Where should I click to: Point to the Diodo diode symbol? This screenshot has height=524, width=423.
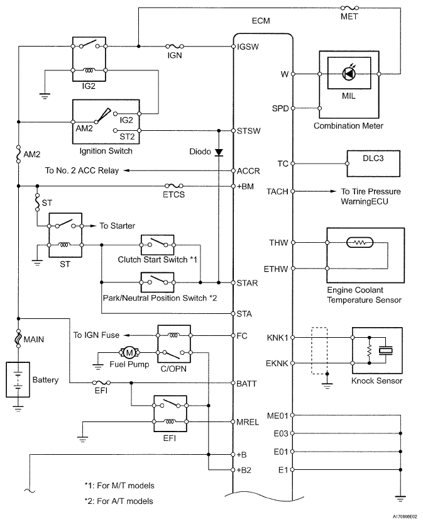[x=218, y=152]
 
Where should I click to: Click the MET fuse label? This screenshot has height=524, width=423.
[x=348, y=16]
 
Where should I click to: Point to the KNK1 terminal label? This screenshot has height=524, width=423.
[x=277, y=338]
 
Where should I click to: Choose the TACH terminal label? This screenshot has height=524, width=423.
[x=277, y=191]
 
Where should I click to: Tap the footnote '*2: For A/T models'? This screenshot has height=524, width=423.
[x=119, y=501]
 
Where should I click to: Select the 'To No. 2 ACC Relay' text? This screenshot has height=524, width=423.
[x=82, y=170]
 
